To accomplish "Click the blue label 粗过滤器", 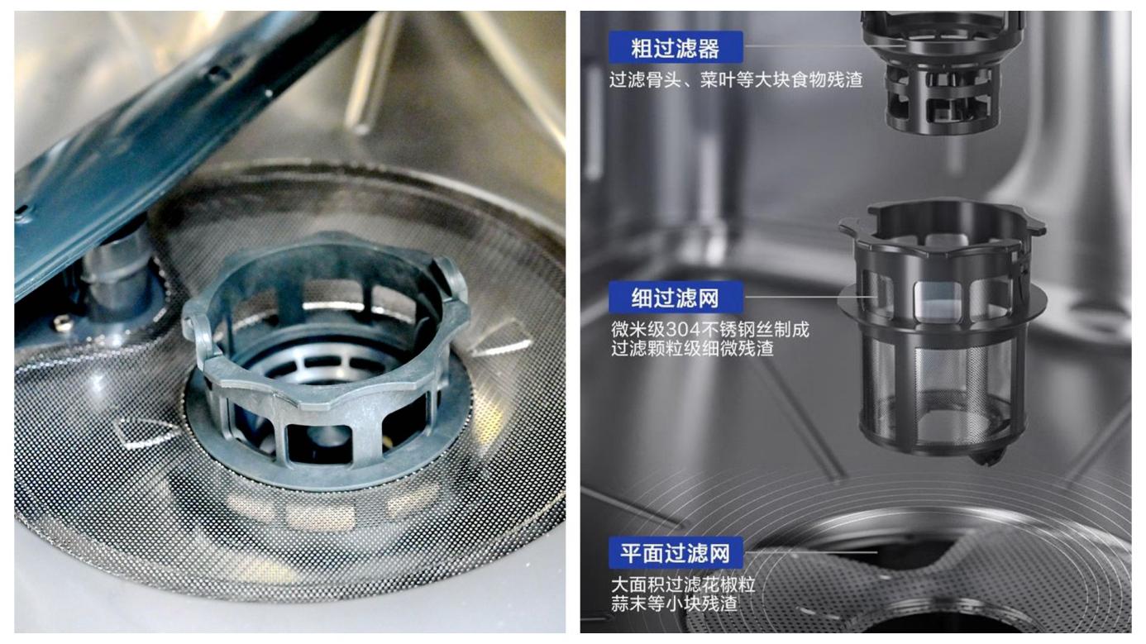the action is click(x=676, y=47).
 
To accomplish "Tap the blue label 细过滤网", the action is click(x=676, y=297).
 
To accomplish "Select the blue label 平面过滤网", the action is click(x=676, y=553).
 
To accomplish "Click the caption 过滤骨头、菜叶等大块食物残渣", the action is click(x=736, y=80).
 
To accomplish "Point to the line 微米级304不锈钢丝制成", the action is click(x=710, y=329).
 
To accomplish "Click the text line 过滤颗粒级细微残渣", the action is click(x=692, y=348).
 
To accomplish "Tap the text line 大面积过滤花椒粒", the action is click(x=682, y=584).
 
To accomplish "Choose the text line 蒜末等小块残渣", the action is click(x=674, y=603).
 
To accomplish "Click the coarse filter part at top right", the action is click(x=943, y=72).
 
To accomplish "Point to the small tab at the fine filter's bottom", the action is click(x=987, y=457).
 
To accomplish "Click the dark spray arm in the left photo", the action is click(x=154, y=138).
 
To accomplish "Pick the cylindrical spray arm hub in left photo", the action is click(x=119, y=276).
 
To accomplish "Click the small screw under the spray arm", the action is click(x=62, y=322).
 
